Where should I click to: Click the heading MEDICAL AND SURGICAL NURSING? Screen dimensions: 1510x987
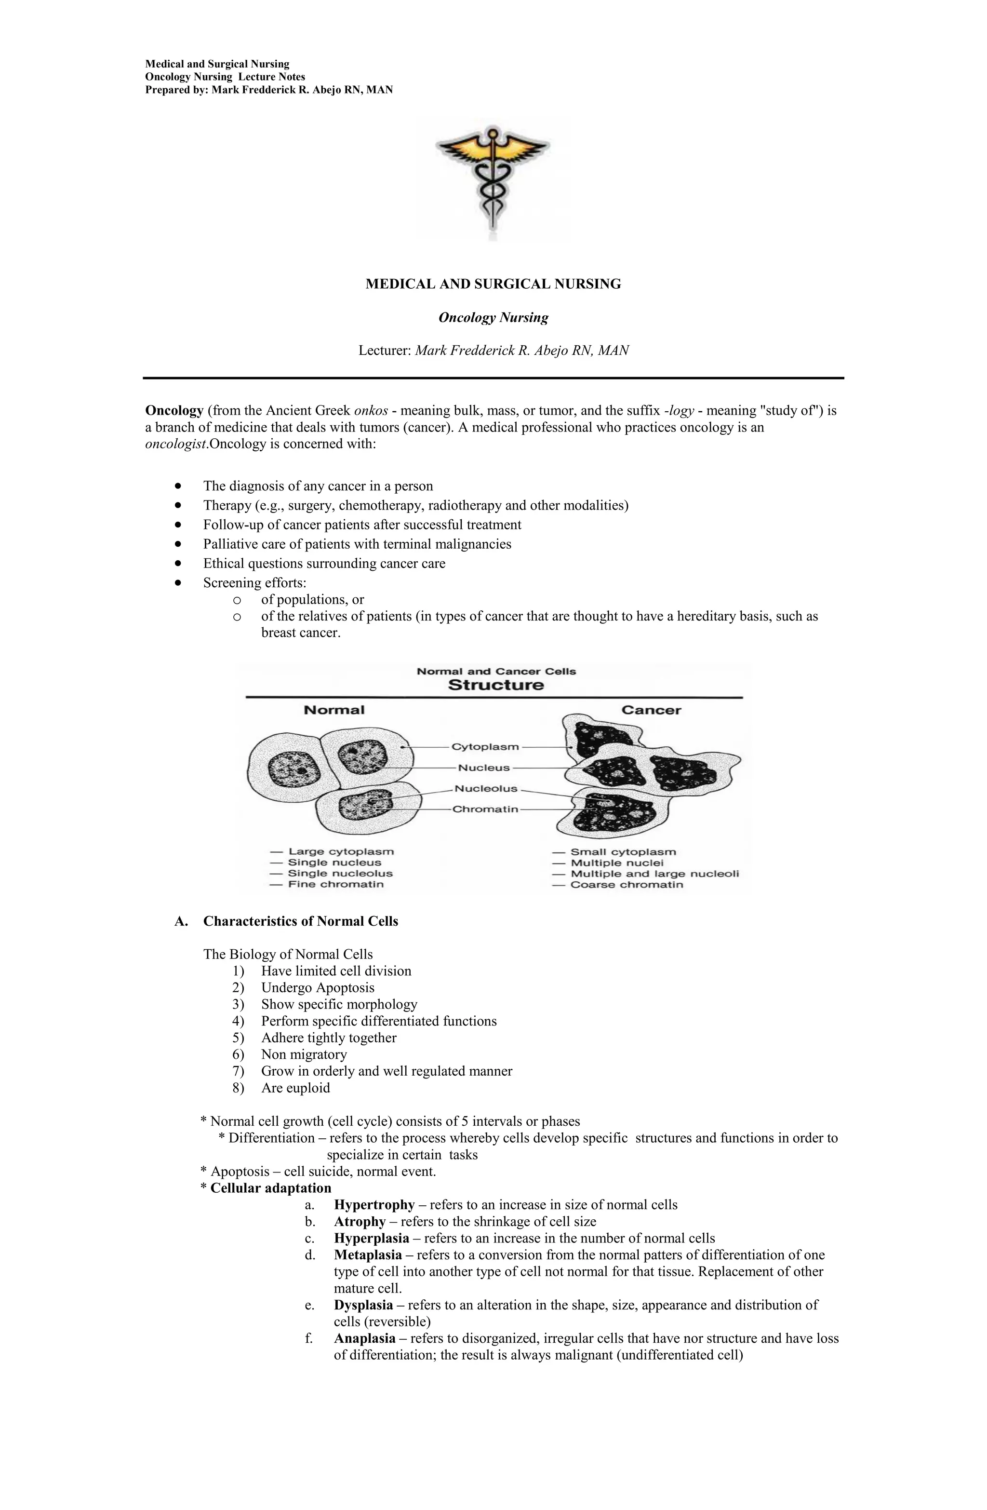click(493, 284)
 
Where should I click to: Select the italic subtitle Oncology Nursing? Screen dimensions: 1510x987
click(493, 317)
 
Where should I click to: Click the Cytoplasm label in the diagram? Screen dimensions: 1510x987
click(485, 747)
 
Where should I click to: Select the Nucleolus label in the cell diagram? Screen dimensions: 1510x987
click(486, 789)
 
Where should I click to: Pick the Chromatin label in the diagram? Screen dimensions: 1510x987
click(485, 809)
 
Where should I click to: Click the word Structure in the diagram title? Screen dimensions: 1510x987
click(495, 685)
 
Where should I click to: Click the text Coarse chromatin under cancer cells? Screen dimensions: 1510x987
click(626, 884)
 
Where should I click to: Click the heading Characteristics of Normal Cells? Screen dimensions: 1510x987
click(300, 921)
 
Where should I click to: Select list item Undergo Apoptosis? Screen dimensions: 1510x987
click(317, 988)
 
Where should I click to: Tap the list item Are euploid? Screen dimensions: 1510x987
click(295, 1088)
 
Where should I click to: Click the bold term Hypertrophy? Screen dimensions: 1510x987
click(373, 1205)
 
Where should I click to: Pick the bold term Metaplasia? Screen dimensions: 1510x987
click(367, 1255)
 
